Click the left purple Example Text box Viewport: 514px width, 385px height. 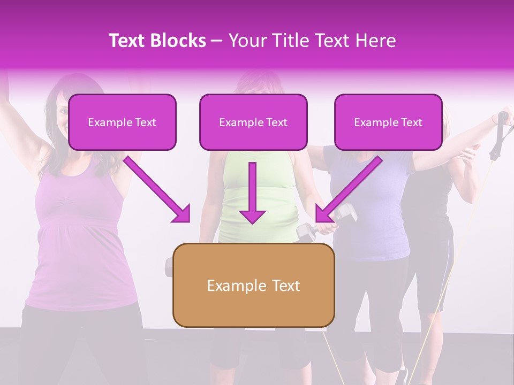(x=122, y=122)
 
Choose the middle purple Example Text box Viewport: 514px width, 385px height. (x=253, y=122)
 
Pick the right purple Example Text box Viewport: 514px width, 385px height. (x=388, y=122)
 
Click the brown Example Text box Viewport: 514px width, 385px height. (x=253, y=285)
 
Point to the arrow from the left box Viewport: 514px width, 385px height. (x=158, y=190)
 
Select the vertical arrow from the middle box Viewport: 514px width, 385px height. (x=252, y=192)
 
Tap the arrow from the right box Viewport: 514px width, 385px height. (x=348, y=190)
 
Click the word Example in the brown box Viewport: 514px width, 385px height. (x=229, y=286)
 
